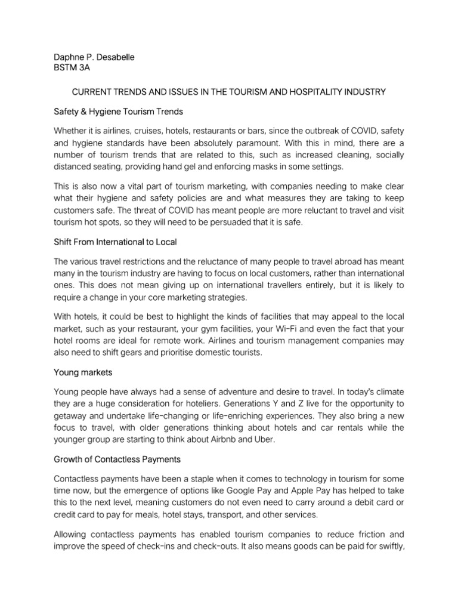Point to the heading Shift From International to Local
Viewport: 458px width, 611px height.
(x=115, y=242)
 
